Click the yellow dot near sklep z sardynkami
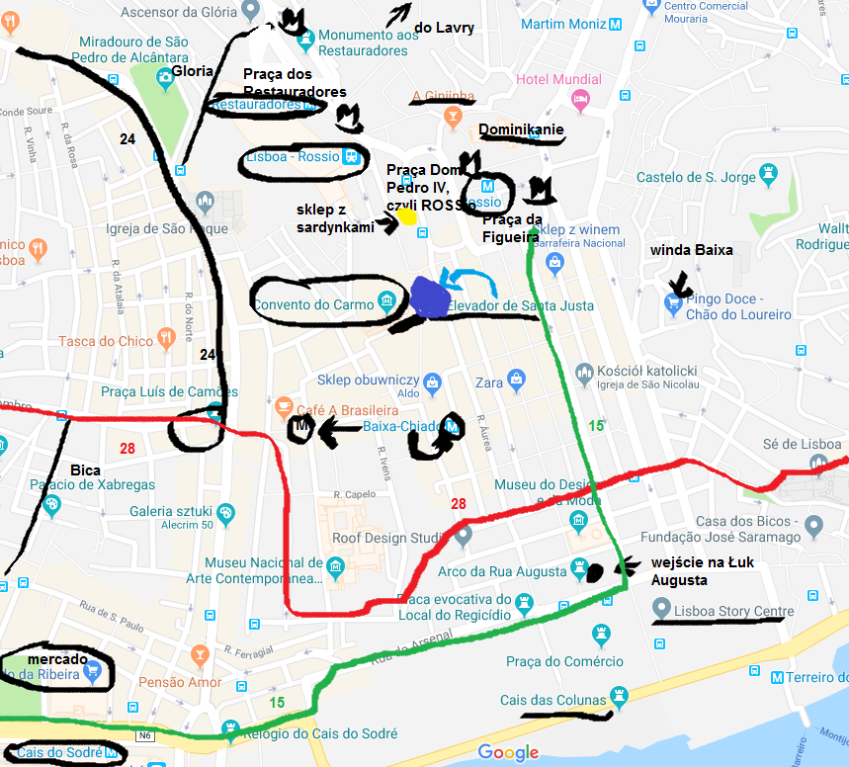(405, 215)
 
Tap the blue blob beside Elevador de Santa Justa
(430, 296)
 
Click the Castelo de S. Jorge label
(697, 178)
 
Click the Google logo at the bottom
(508, 752)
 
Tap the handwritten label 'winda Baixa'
(691, 250)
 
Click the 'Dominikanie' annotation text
(521, 129)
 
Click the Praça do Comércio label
(564, 661)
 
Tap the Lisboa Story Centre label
(731, 612)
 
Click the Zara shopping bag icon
(515, 380)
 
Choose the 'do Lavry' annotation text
(444, 29)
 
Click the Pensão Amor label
(180, 683)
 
